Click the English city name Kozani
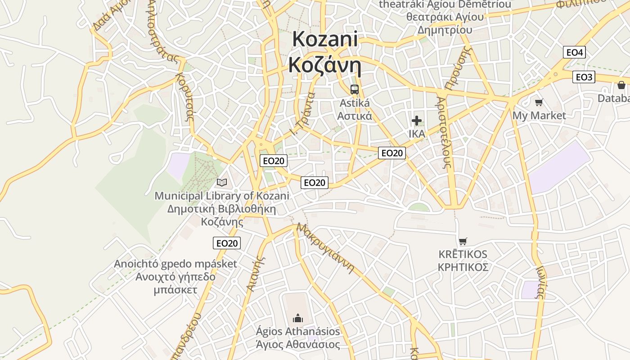click(325, 39)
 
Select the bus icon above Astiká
click(355, 89)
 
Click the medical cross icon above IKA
click(417, 120)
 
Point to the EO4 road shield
click(574, 52)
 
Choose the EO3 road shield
click(584, 77)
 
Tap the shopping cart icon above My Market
click(539, 102)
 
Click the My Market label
click(539, 116)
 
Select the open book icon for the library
click(221, 182)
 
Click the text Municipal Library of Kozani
click(221, 196)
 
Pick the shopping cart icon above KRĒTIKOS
click(463, 241)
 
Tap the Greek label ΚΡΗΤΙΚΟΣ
click(463, 267)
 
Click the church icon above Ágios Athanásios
click(298, 319)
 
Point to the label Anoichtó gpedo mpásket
click(175, 264)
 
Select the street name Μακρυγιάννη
click(325, 248)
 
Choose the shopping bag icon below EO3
click(621, 85)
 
